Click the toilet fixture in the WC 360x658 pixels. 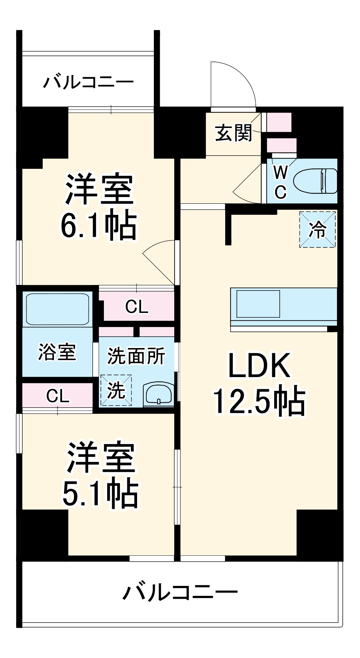tap(315, 181)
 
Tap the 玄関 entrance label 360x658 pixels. tap(233, 133)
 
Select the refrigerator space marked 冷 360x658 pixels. tap(317, 229)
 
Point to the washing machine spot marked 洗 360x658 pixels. tap(116, 390)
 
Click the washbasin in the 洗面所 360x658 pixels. tap(158, 394)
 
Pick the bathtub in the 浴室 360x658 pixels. tap(57, 309)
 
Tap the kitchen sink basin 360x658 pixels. tap(258, 304)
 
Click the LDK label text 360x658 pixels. tap(259, 366)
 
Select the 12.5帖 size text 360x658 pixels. tap(259, 401)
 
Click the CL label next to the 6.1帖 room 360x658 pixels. tap(137, 307)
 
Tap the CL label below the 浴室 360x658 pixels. tap(58, 396)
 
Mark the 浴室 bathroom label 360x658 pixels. tap(57, 352)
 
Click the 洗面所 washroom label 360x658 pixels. tap(136, 356)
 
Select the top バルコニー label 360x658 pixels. tap(88, 82)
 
